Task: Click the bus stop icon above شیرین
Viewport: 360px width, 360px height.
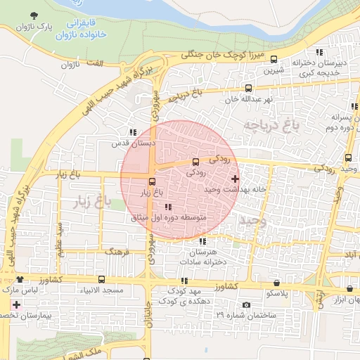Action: click(274, 60)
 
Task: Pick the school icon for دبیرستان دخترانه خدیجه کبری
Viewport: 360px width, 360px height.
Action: click(320, 51)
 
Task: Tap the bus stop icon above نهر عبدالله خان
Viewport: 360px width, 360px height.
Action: click(248, 89)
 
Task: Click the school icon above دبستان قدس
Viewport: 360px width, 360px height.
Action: click(132, 131)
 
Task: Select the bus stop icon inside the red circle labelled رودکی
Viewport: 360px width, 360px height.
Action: click(196, 162)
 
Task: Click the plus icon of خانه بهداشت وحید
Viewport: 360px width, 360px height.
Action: click(235, 179)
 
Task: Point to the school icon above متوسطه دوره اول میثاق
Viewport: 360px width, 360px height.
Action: click(168, 207)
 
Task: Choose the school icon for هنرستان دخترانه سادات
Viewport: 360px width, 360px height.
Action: click(202, 242)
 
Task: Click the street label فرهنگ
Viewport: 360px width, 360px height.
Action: click(117, 250)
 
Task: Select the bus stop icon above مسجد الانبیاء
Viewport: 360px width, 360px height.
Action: click(102, 279)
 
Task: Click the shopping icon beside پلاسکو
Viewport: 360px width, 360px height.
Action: click(276, 282)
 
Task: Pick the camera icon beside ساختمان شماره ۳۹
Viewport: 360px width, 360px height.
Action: click(246, 304)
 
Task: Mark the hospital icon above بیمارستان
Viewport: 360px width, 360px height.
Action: click(15, 305)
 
